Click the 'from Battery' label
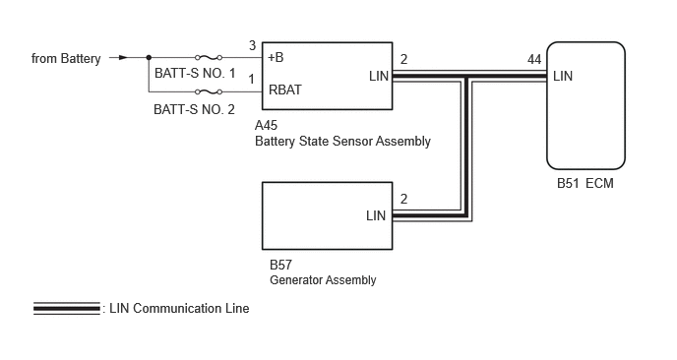[x=66, y=58]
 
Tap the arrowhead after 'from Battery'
[x=123, y=57]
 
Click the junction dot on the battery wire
[x=149, y=57]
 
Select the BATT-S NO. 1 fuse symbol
[x=209, y=57]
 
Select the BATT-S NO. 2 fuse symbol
[x=209, y=91]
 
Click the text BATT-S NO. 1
[x=195, y=74]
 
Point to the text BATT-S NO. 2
[x=194, y=109]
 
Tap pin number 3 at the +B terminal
[x=253, y=46]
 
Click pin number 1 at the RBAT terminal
[x=251, y=80]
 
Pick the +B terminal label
[x=276, y=57]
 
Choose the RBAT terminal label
[x=285, y=90]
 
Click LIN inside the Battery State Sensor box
[x=379, y=77]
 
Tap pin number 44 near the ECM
[x=534, y=60]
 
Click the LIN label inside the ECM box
[x=563, y=77]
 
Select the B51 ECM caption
[x=585, y=184]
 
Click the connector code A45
[x=266, y=126]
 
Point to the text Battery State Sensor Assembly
[x=342, y=142]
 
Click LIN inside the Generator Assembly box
[x=376, y=215]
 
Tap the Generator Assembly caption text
[x=323, y=280]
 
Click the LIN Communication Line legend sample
[x=67, y=308]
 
